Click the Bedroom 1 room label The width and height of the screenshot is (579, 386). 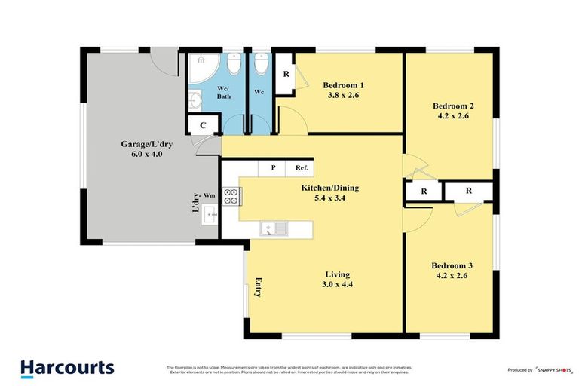click(344, 84)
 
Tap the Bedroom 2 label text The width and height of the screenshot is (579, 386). click(453, 106)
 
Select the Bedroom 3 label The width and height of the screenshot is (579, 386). click(452, 265)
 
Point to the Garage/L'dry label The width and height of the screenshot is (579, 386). click(142, 143)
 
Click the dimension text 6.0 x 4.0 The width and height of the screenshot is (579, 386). click(142, 154)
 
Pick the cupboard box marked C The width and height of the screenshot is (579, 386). click(203, 126)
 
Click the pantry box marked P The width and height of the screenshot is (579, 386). click(273, 168)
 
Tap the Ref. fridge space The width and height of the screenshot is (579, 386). click(300, 168)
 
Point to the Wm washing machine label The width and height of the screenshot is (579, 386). click(209, 195)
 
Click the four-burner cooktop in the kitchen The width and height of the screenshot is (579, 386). click(231, 196)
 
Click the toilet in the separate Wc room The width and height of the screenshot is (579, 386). click(261, 66)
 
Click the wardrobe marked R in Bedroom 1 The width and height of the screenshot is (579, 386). click(286, 75)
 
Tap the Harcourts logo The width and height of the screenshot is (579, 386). click(67, 368)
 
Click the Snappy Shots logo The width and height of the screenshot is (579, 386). click(555, 369)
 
